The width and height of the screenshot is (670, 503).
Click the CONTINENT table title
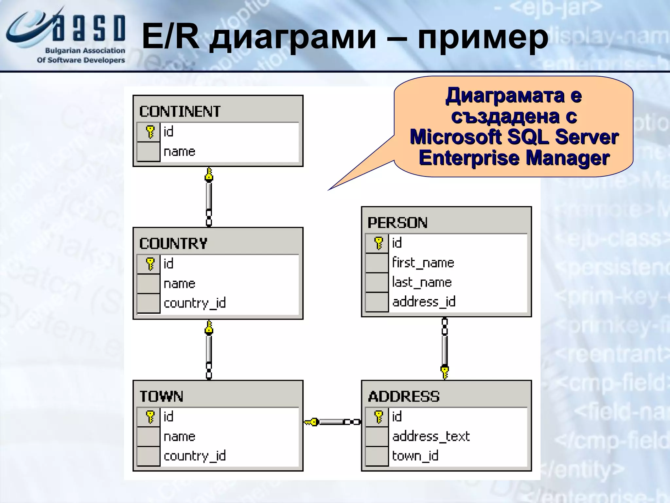tap(180, 111)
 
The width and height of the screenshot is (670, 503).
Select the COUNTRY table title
tap(173, 244)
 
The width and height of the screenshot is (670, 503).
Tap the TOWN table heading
tap(161, 396)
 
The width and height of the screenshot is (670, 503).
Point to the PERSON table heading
tap(397, 223)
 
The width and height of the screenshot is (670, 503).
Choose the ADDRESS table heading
tap(403, 396)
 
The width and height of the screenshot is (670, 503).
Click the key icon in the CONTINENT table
tap(150, 132)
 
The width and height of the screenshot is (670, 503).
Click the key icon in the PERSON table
tap(378, 243)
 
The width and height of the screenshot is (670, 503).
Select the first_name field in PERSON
tap(423, 263)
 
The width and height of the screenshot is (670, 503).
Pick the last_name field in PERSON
tap(422, 282)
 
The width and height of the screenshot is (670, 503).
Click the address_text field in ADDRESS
tap(431, 436)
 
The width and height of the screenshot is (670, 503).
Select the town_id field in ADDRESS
tap(415, 456)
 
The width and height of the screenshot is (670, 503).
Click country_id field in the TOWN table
tap(194, 456)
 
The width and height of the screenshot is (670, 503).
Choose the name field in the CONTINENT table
tap(179, 152)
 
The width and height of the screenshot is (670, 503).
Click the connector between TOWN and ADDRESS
tap(332, 422)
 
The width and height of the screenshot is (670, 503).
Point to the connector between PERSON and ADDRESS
tap(444, 348)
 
